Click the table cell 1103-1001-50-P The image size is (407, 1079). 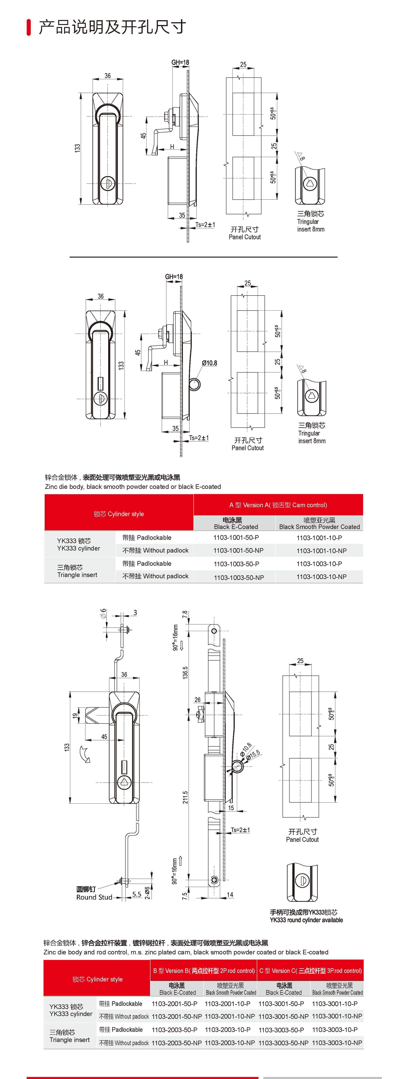coord(236,537)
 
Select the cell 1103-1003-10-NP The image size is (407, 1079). coord(322,577)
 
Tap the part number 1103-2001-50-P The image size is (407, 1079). coord(174,1004)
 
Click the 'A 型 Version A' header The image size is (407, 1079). coord(278,505)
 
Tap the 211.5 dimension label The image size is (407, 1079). coord(185,797)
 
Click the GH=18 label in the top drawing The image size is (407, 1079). coord(180,62)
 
